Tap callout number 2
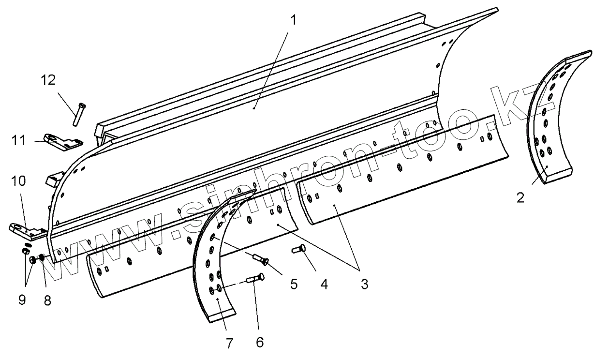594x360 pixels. click(520, 197)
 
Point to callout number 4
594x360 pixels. click(323, 284)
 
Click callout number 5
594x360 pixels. click(293, 284)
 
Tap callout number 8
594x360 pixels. click(47, 300)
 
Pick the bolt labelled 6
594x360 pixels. click(254, 279)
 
